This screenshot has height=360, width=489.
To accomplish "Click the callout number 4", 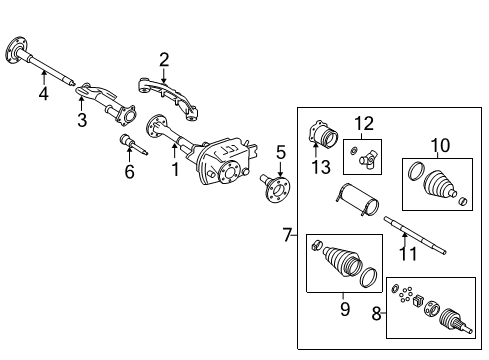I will [x=43, y=96].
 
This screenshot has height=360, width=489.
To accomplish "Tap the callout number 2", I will [x=164, y=59].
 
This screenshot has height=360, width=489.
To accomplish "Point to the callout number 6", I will [x=128, y=171].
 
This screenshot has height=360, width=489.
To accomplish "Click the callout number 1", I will [x=174, y=171].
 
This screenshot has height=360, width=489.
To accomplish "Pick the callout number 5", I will [x=281, y=153].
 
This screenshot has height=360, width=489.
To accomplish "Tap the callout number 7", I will [x=286, y=235].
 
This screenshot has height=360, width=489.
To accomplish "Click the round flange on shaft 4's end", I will [x=19, y=46].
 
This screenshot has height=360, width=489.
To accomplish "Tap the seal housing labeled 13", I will [x=326, y=136].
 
